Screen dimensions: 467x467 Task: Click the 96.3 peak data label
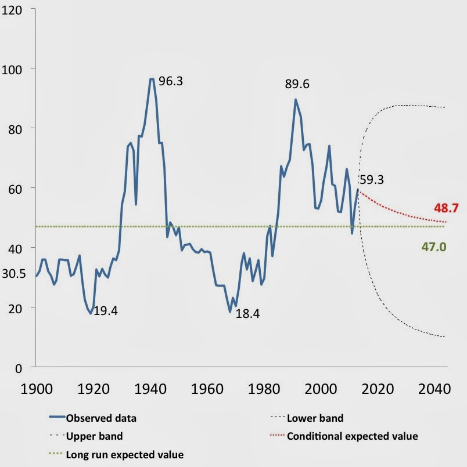[x=171, y=81]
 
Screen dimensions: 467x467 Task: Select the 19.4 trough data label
[x=106, y=311]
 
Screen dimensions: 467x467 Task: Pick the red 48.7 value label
[x=446, y=208]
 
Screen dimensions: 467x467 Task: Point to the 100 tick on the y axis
[x=14, y=69]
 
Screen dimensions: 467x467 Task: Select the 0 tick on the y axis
[x=19, y=367]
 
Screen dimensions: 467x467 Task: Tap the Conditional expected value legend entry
[x=352, y=436]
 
